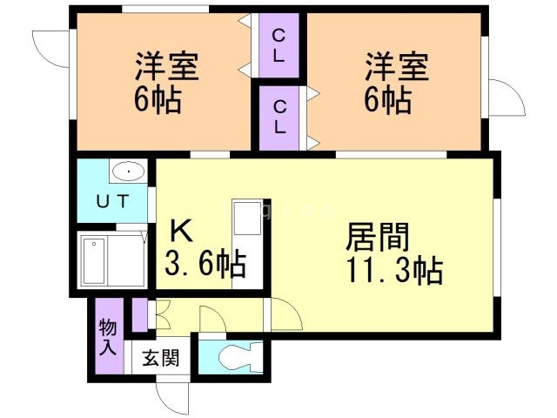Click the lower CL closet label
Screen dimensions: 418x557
coord(279,117)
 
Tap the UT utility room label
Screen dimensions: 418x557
coord(112,202)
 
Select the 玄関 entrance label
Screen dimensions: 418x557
coord(162,358)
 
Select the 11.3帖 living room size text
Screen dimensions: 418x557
coord(397,271)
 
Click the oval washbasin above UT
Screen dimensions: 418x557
coord(126,172)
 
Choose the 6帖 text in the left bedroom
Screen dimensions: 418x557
coord(158,101)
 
